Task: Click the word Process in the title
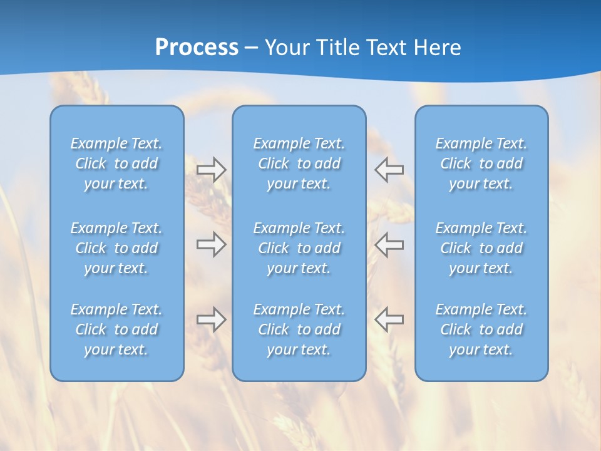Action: tap(197, 48)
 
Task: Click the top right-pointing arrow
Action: tap(211, 170)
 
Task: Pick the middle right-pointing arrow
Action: tap(211, 244)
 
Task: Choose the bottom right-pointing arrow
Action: tap(211, 319)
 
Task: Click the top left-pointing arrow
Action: tap(389, 170)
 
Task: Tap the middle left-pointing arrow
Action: tap(389, 244)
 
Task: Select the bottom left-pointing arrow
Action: tap(389, 319)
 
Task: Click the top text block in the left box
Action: tap(116, 163)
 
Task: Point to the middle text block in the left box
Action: tap(116, 248)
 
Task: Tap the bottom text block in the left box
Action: tap(116, 329)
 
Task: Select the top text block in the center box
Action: tap(299, 163)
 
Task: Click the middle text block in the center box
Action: tap(299, 248)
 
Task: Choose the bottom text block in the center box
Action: tap(299, 329)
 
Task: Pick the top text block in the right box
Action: tap(481, 163)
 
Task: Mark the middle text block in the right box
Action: tap(481, 248)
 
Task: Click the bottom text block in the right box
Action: tap(481, 329)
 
